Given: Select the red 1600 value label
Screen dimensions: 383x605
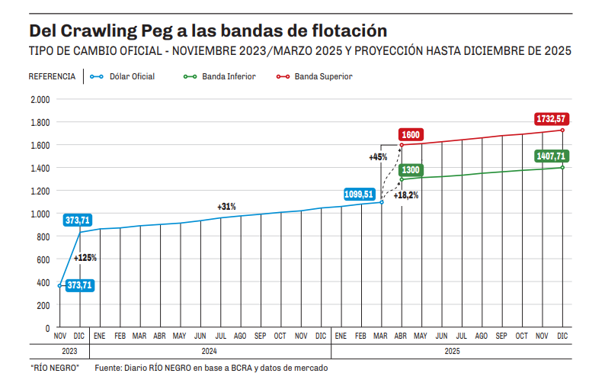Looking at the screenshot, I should pos(411,135).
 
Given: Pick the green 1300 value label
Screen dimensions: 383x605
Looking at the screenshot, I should pos(410,169).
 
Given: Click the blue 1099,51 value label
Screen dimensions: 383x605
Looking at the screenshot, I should pos(358,195).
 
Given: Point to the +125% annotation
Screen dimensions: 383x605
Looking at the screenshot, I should pos(85,258).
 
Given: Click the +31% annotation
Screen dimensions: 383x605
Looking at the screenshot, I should pos(226,207).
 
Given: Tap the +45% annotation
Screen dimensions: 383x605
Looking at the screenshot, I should pos(378,157).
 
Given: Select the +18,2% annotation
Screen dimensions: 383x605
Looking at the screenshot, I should pos(405,195).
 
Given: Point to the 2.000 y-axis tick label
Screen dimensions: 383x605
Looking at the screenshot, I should pos(40,99).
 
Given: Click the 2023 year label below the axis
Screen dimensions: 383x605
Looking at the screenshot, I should pos(69,352).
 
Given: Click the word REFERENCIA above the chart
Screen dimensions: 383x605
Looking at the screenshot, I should pos(52,76).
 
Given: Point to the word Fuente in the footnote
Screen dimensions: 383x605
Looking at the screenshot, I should pos(109,369).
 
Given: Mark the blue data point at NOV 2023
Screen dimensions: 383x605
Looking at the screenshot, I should pos(60,285).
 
